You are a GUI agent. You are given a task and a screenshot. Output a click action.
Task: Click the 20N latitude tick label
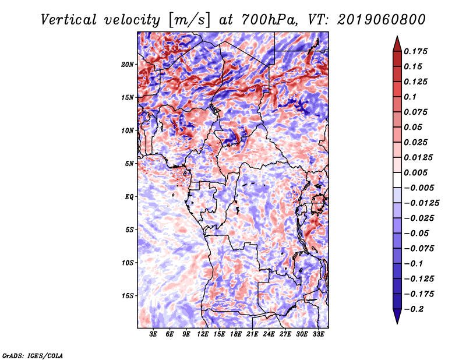[128, 65]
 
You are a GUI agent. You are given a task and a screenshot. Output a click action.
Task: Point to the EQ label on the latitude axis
[129, 197]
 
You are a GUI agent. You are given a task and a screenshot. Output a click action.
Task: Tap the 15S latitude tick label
[128, 296]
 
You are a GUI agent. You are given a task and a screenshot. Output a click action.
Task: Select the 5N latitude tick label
[129, 164]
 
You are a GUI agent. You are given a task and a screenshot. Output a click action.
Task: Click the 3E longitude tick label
[153, 334]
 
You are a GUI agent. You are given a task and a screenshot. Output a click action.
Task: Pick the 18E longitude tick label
[236, 334]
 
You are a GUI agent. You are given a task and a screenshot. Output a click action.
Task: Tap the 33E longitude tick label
[318, 334]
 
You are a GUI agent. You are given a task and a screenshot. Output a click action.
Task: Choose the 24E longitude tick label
[269, 334]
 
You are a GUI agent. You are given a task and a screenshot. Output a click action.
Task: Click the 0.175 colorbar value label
[415, 51]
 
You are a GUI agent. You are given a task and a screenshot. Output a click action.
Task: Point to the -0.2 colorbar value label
[414, 309]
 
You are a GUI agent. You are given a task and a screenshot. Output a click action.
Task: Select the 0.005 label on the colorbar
[415, 172]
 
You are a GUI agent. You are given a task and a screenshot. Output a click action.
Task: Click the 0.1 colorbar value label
[410, 97]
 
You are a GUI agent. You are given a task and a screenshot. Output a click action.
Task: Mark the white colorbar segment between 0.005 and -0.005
[397, 180]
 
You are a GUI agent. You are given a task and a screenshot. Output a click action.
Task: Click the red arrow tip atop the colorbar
[397, 37]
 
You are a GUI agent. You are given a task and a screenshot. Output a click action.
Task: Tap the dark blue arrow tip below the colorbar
[397, 323]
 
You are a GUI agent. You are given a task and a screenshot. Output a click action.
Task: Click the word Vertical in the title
[69, 20]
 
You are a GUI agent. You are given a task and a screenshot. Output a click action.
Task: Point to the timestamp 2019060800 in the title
[382, 20]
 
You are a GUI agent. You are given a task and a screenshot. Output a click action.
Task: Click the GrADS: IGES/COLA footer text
[33, 356]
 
